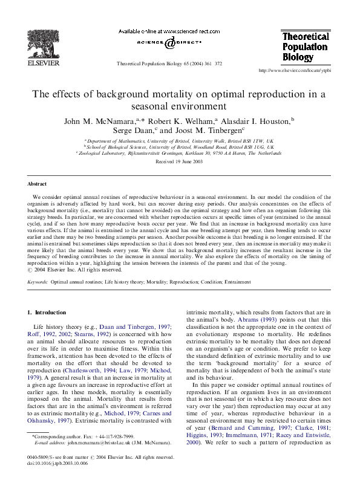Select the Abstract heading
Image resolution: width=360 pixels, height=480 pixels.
click(37, 184)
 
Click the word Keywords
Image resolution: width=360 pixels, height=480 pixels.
click(38, 282)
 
